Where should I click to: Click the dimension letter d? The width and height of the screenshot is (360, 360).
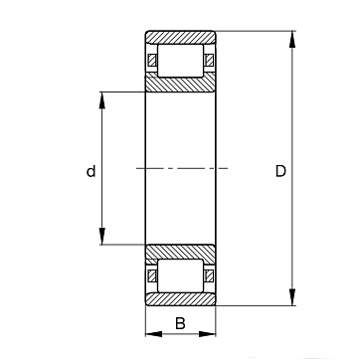(90, 171)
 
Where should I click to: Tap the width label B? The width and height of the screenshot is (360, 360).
(180, 323)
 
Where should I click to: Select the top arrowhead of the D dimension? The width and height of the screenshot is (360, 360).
(292, 40)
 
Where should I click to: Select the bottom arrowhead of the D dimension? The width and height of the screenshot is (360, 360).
(292, 297)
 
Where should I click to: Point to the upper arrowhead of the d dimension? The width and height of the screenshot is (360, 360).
(102, 100)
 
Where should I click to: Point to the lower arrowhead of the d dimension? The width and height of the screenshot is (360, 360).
(102, 237)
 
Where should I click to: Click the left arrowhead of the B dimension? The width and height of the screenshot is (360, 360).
(154, 334)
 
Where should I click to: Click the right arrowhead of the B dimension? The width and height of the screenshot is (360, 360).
(208, 334)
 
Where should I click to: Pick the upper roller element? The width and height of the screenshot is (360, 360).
(180, 61)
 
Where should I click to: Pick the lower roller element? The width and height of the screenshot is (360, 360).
(180, 275)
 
